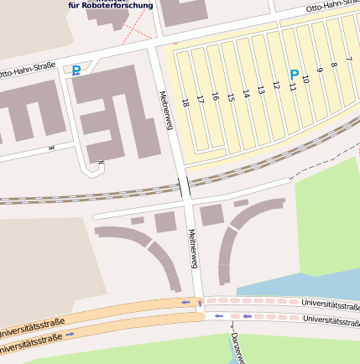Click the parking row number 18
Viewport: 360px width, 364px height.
[x=185, y=103]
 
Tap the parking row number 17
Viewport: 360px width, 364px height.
[x=201, y=100]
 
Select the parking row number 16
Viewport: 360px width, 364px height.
[x=216, y=97]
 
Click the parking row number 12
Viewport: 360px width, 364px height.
[x=276, y=85]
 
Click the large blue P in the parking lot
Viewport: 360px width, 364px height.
[x=294, y=75]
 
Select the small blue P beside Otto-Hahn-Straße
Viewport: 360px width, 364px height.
[x=77, y=71]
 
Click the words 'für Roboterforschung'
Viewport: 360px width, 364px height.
[x=111, y=5]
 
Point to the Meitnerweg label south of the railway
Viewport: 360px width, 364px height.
[x=192, y=249]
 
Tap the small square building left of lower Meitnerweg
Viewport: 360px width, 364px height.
[x=165, y=221]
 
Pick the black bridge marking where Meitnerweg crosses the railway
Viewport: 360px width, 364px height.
[x=184, y=188]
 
